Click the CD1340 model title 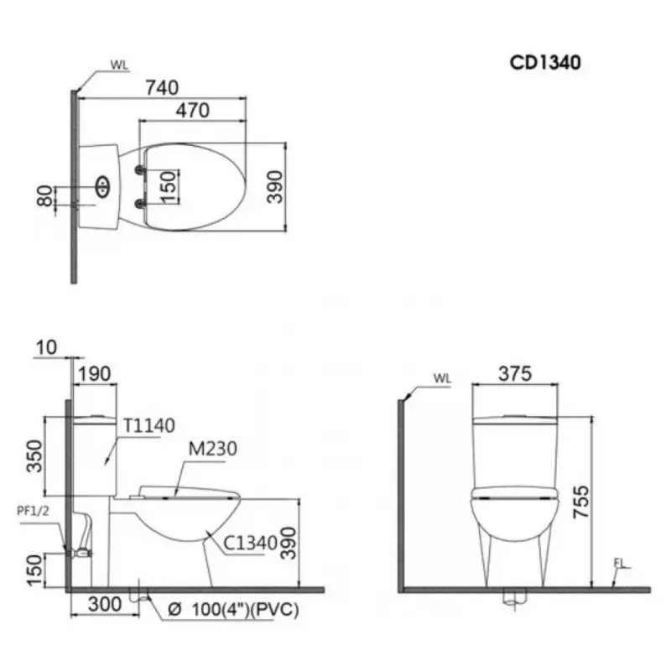(x=544, y=62)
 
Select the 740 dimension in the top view (x=162, y=88)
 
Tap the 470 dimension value (x=193, y=111)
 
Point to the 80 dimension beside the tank (x=44, y=196)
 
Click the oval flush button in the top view (x=102, y=186)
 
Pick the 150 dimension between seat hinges (x=169, y=186)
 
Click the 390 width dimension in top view (x=275, y=186)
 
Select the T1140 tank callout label (x=149, y=425)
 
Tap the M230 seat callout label (x=213, y=449)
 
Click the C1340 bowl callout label (x=251, y=544)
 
